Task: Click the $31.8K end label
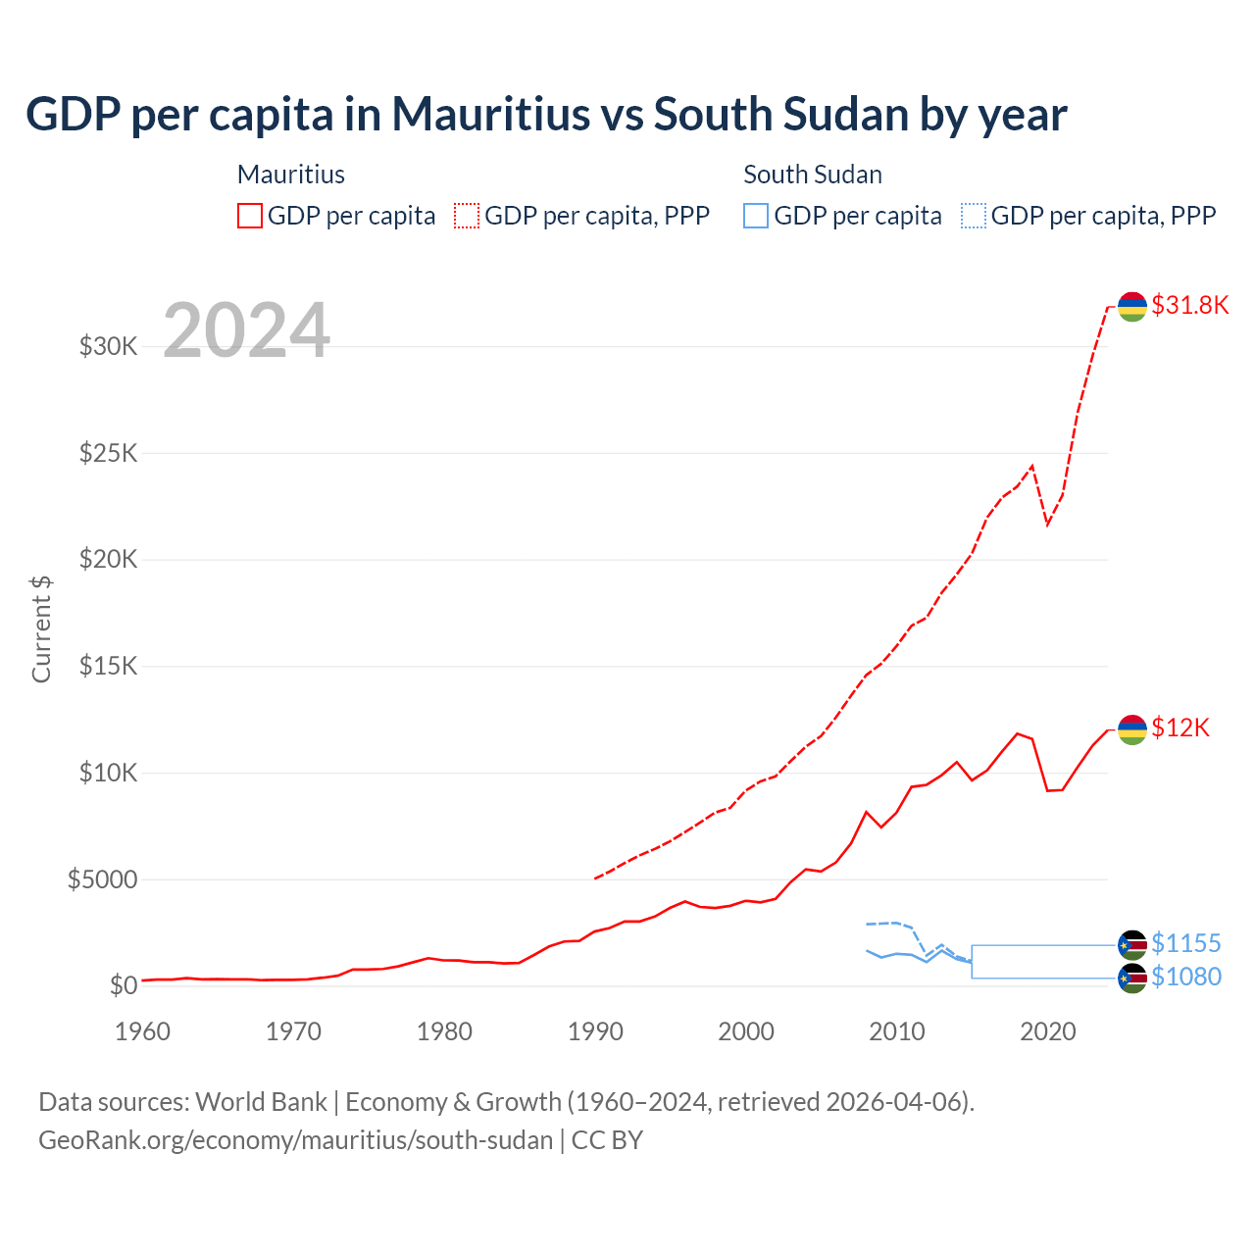(x=1189, y=305)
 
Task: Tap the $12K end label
(x=1180, y=728)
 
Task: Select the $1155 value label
(x=1185, y=943)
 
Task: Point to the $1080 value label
(x=1185, y=977)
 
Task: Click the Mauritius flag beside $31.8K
(x=1132, y=307)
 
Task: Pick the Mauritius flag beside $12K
(x=1132, y=729)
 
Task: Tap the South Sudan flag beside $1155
(x=1132, y=945)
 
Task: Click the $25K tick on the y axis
(x=108, y=454)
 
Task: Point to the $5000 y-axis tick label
(x=102, y=879)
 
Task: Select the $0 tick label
(x=123, y=986)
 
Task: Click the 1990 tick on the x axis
(x=595, y=1031)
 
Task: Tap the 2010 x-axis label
(x=897, y=1031)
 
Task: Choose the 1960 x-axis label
(x=143, y=1031)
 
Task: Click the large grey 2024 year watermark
(x=246, y=330)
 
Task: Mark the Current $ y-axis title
(x=41, y=629)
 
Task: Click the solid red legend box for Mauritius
(x=250, y=216)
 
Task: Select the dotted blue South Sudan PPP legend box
(x=974, y=216)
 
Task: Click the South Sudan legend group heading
(x=812, y=175)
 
